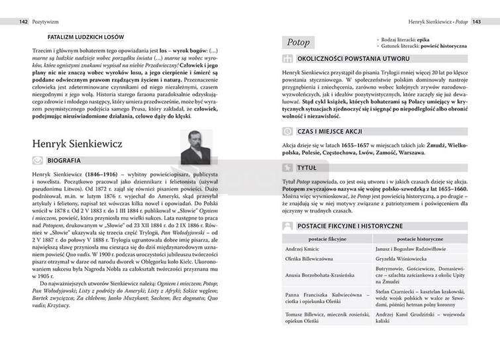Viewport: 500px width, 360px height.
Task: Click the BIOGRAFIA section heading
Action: click(x=64, y=160)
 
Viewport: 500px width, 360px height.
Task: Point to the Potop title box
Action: click(x=299, y=42)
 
